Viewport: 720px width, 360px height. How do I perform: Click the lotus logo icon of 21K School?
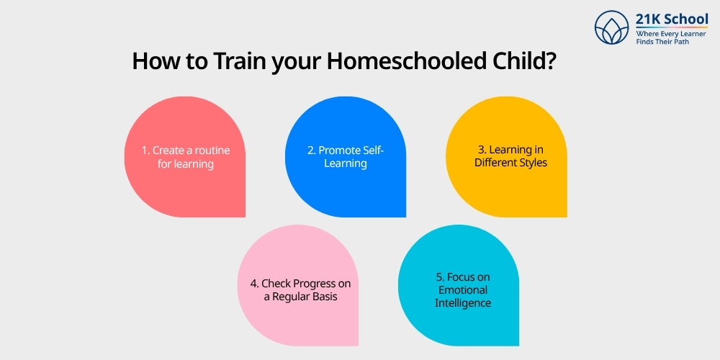click(x=612, y=28)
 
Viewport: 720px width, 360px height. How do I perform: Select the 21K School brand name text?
click(x=672, y=19)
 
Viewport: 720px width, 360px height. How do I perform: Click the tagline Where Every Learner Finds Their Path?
click(x=671, y=37)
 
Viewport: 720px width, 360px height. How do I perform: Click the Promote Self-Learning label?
click(x=346, y=157)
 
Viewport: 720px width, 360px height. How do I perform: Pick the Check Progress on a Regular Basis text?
click(x=300, y=290)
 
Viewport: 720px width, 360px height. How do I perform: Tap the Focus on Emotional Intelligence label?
click(x=462, y=290)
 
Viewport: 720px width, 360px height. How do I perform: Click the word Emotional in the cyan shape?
click(x=462, y=290)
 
